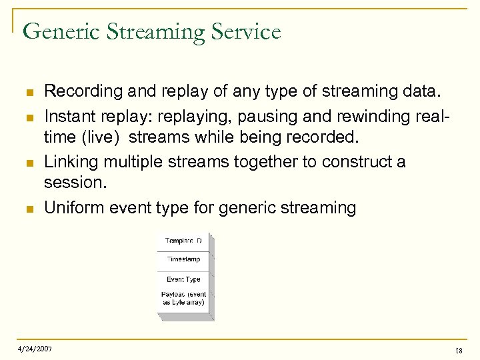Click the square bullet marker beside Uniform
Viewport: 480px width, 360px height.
26,209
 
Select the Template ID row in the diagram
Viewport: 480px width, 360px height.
183,241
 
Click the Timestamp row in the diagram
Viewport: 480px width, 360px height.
183,260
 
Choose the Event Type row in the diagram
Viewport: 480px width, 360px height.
183,279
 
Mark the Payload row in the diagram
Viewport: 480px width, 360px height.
183,298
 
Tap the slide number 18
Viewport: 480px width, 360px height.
458,350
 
